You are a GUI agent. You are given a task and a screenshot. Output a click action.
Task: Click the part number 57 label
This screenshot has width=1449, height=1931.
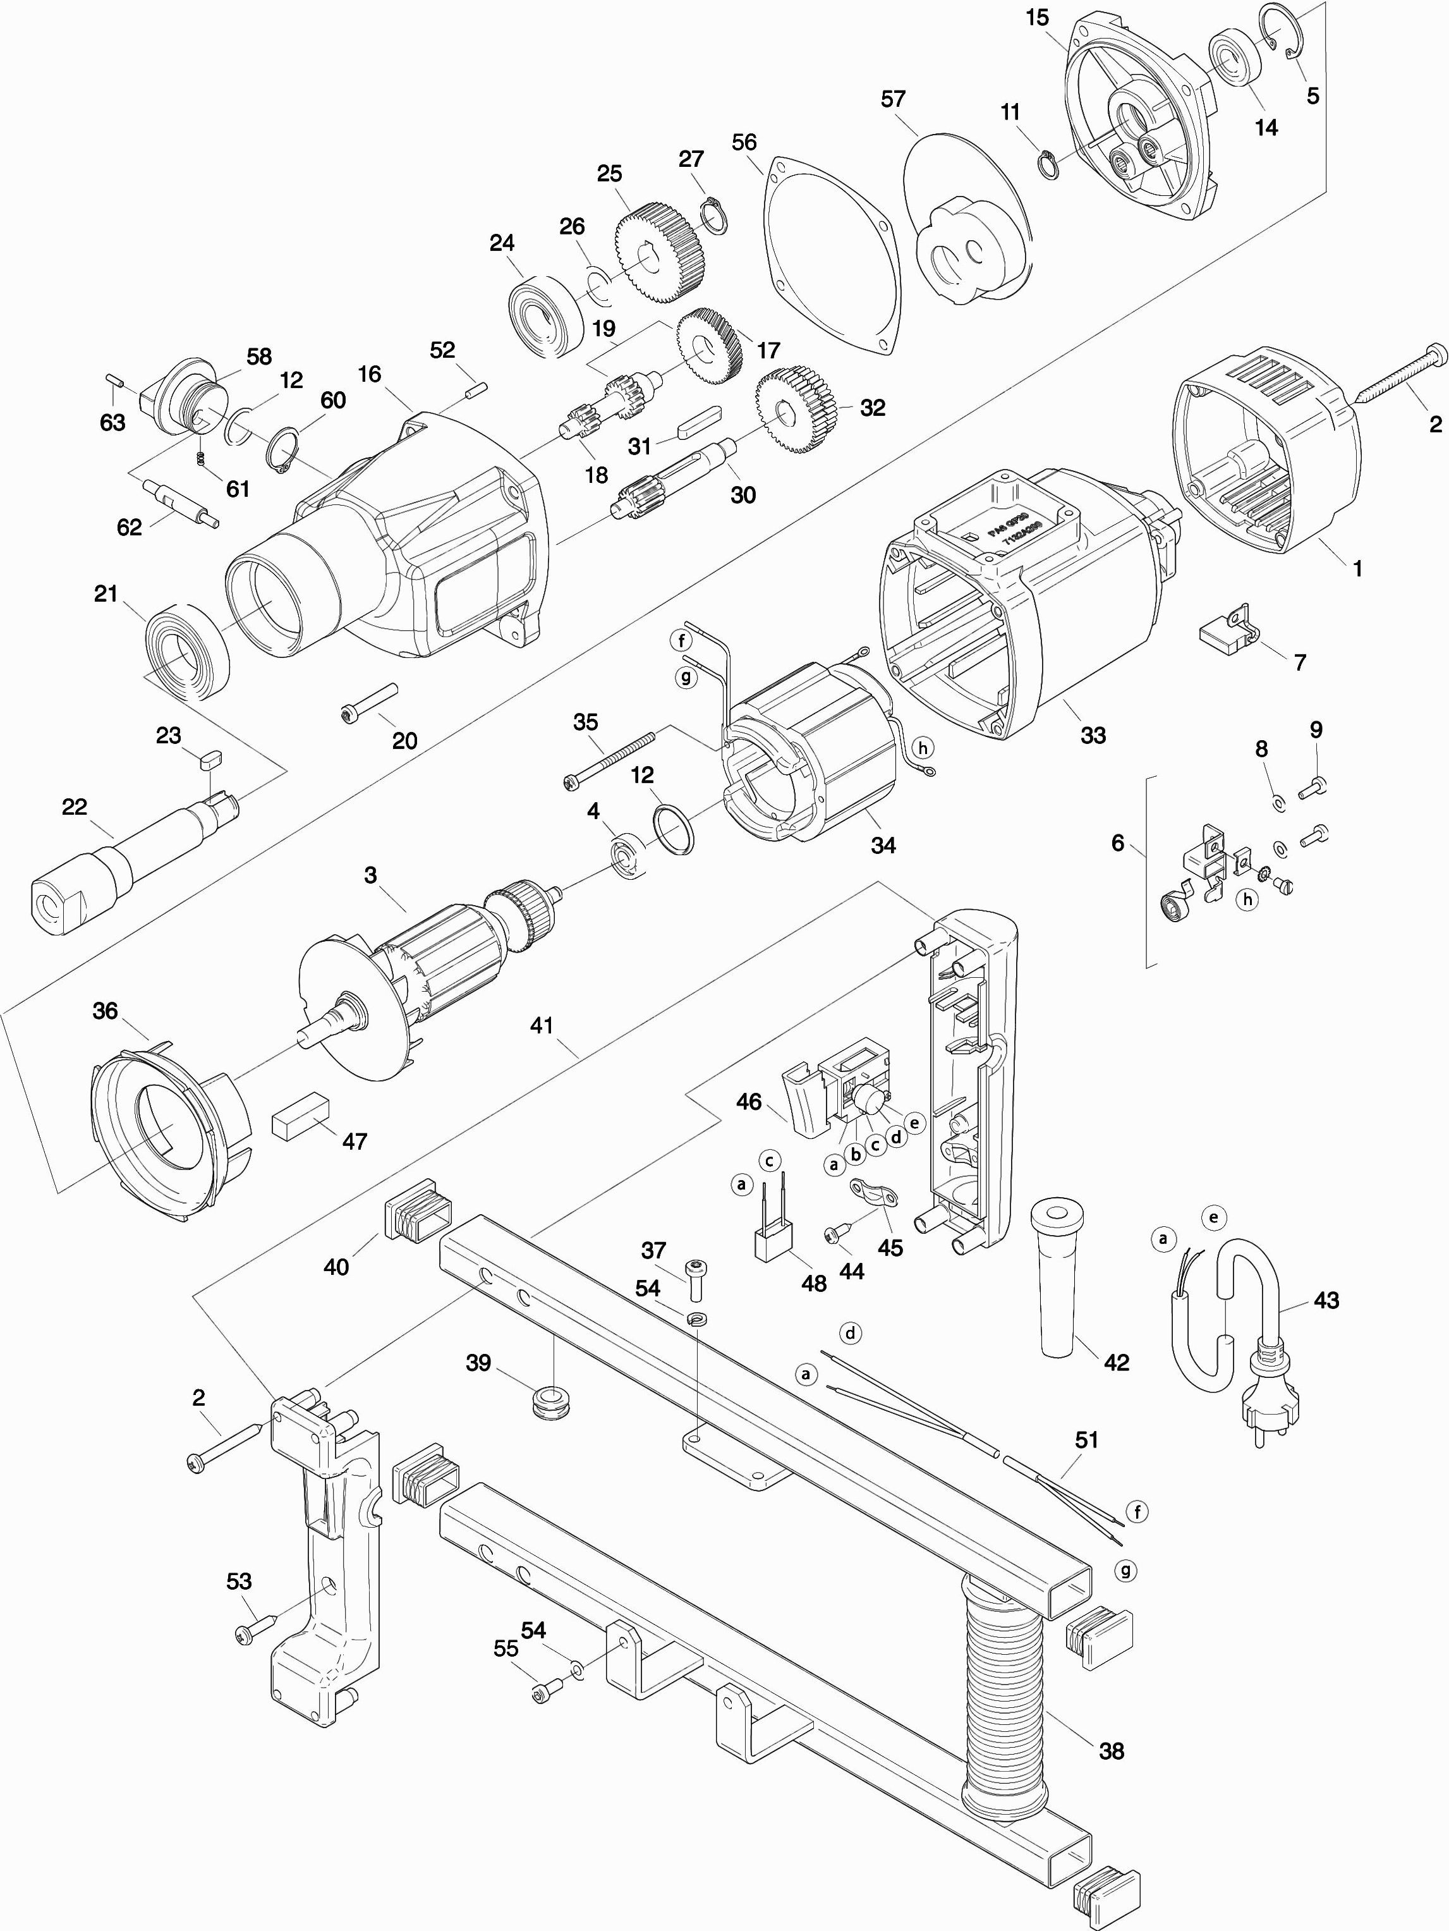(893, 99)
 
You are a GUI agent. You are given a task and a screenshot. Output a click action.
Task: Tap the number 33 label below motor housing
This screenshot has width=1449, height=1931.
(1093, 736)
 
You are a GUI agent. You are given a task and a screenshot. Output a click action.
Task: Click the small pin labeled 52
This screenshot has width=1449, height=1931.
(476, 389)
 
